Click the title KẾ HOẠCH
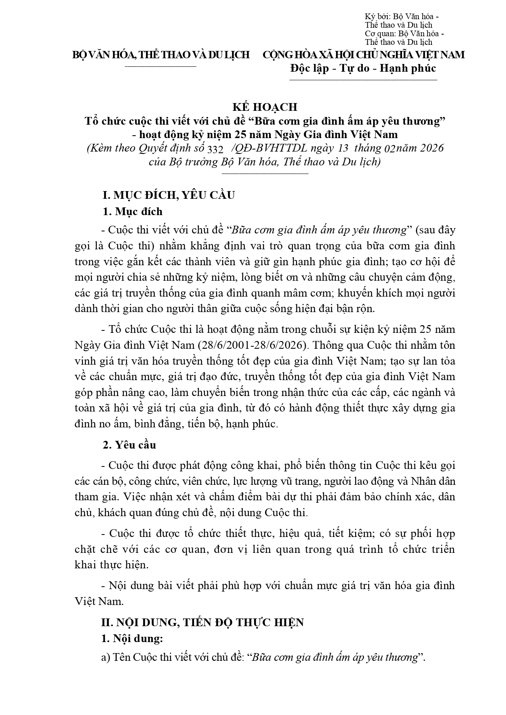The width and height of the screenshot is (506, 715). pyautogui.click(x=265, y=107)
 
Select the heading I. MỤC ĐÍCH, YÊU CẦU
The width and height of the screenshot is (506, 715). pyautogui.click(x=168, y=195)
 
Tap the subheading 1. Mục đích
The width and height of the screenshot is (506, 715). pyautogui.click(x=133, y=211)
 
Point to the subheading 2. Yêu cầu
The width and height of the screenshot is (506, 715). pyautogui.click(x=129, y=445)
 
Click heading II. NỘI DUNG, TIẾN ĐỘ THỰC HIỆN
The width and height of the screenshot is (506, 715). pyautogui.click(x=202, y=623)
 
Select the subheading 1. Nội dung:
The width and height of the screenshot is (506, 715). pyautogui.click(x=132, y=638)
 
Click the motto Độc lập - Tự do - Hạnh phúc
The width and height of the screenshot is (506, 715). pyautogui.click(x=363, y=68)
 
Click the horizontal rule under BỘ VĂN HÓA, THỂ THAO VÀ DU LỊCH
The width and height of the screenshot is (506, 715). pyautogui.click(x=160, y=66)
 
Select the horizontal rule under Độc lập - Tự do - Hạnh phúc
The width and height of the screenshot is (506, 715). pyautogui.click(x=363, y=80)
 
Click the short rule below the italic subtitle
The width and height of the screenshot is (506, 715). pyautogui.click(x=265, y=174)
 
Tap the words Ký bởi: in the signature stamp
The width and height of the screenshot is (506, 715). pyautogui.click(x=378, y=17)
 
